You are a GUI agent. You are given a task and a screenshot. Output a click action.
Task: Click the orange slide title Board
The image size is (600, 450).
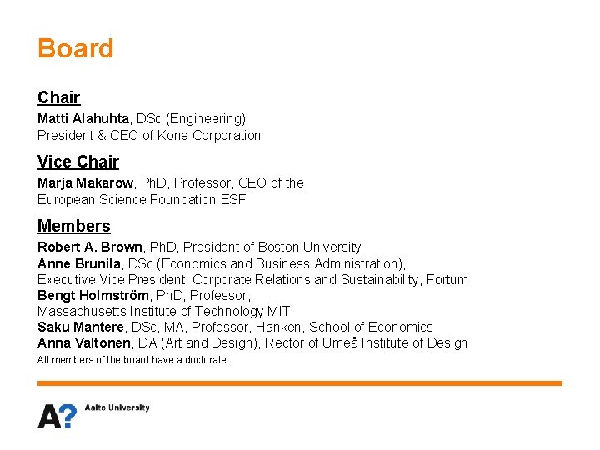tap(75, 48)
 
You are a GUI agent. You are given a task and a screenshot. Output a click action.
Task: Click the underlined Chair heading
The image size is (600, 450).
tap(58, 97)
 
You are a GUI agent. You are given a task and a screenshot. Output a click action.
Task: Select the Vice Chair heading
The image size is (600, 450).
tap(78, 162)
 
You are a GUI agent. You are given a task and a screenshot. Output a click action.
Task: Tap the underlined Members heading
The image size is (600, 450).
tap(73, 226)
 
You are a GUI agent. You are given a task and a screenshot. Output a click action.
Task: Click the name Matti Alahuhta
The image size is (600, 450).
tap(82, 119)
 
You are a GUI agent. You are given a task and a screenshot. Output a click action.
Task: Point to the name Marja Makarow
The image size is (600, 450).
tap(86, 182)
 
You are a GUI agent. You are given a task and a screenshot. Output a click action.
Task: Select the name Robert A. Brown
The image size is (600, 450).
tap(90, 247)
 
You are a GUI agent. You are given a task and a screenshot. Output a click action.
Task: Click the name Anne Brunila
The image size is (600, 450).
tap(78, 263)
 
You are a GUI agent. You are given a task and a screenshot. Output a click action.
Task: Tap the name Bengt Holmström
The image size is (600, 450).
tap(92, 295)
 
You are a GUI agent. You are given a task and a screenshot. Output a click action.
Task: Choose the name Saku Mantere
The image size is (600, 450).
tap(81, 327)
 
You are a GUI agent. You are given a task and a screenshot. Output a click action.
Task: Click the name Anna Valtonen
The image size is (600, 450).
tap(84, 342)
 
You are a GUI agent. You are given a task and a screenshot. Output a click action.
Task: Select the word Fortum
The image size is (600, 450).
tap(447, 279)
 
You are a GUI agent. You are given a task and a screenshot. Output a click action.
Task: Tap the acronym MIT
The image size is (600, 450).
tap(278, 311)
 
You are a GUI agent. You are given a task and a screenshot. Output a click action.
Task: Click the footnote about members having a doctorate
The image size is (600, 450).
tap(133, 360)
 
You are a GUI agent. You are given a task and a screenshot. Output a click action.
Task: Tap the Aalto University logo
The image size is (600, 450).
tap(93, 413)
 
